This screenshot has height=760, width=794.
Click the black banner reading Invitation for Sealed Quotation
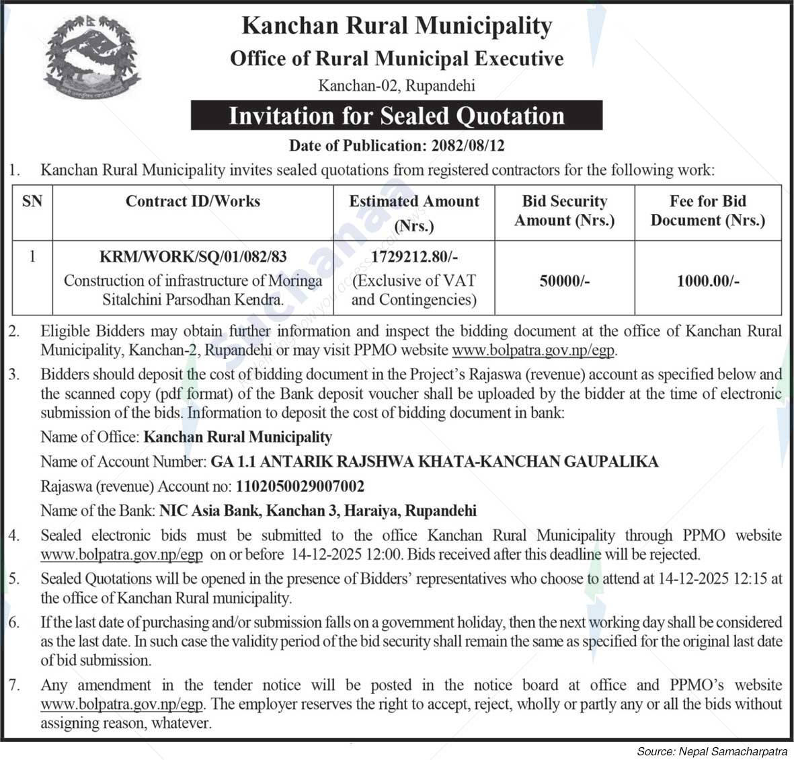tap(396, 116)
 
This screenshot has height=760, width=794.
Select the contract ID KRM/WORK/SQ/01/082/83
tap(193, 256)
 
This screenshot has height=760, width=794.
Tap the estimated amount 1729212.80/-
tap(414, 256)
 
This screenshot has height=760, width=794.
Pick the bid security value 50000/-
tap(564, 281)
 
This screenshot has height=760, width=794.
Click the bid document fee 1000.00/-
tap(707, 281)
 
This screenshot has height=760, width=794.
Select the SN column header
tap(32, 202)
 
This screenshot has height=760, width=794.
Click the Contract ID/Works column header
tap(193, 202)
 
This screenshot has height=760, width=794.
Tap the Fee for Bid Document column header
tap(707, 211)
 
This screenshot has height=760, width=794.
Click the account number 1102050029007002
tap(299, 486)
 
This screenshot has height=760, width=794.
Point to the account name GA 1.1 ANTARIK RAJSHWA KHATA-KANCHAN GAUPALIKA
tap(434, 461)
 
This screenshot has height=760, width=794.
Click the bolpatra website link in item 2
tap(534, 350)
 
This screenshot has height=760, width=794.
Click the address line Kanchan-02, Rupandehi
tap(396, 86)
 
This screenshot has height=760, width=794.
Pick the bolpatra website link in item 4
tap(122, 555)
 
